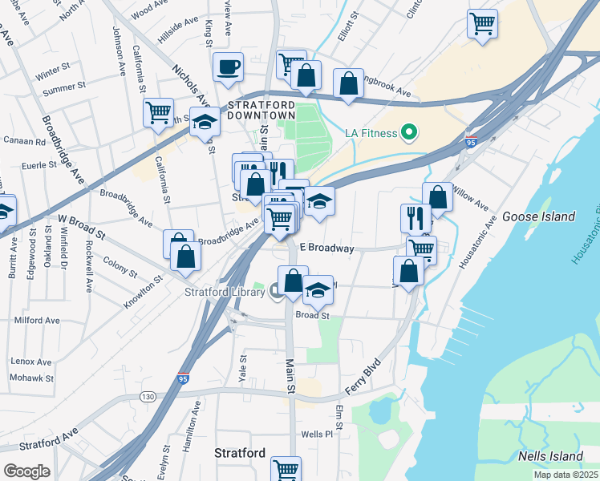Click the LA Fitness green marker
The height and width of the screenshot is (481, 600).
410,131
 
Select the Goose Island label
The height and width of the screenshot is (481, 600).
538,216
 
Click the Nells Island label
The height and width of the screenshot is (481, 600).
550,456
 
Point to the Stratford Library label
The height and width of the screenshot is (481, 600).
225,292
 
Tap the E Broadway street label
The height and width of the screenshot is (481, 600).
326,249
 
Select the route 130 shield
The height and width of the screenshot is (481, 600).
147,397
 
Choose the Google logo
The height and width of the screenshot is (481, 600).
26,471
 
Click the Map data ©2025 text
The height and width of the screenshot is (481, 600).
565,475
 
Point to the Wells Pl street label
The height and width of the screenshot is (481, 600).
317,435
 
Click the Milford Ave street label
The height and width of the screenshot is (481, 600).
37,321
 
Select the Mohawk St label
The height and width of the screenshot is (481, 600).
32,378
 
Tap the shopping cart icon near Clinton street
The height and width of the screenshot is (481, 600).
482,23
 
